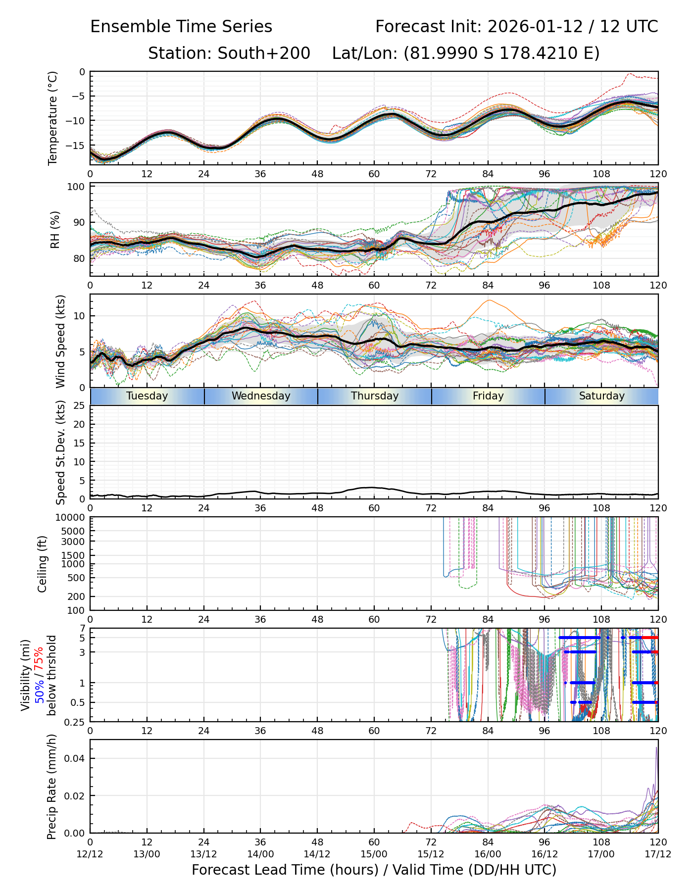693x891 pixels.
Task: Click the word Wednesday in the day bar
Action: pyautogui.click(x=261, y=396)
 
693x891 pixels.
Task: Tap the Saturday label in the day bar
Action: pyautogui.click(x=601, y=396)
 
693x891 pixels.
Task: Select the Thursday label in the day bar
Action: pyautogui.click(x=375, y=396)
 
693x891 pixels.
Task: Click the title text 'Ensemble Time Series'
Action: pyautogui.click(x=181, y=27)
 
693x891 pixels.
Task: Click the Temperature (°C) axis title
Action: pyautogui.click(x=53, y=118)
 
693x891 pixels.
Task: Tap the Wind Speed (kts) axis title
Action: pyautogui.click(x=60, y=341)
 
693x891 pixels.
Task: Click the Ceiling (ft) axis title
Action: pyautogui.click(x=43, y=564)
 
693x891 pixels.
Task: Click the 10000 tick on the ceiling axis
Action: pyautogui.click(x=71, y=518)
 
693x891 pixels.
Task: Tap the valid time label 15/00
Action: pyautogui.click(x=374, y=854)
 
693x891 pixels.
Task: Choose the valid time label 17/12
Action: pyautogui.click(x=658, y=854)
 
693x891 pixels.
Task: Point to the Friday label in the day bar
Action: pyautogui.click(x=488, y=396)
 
